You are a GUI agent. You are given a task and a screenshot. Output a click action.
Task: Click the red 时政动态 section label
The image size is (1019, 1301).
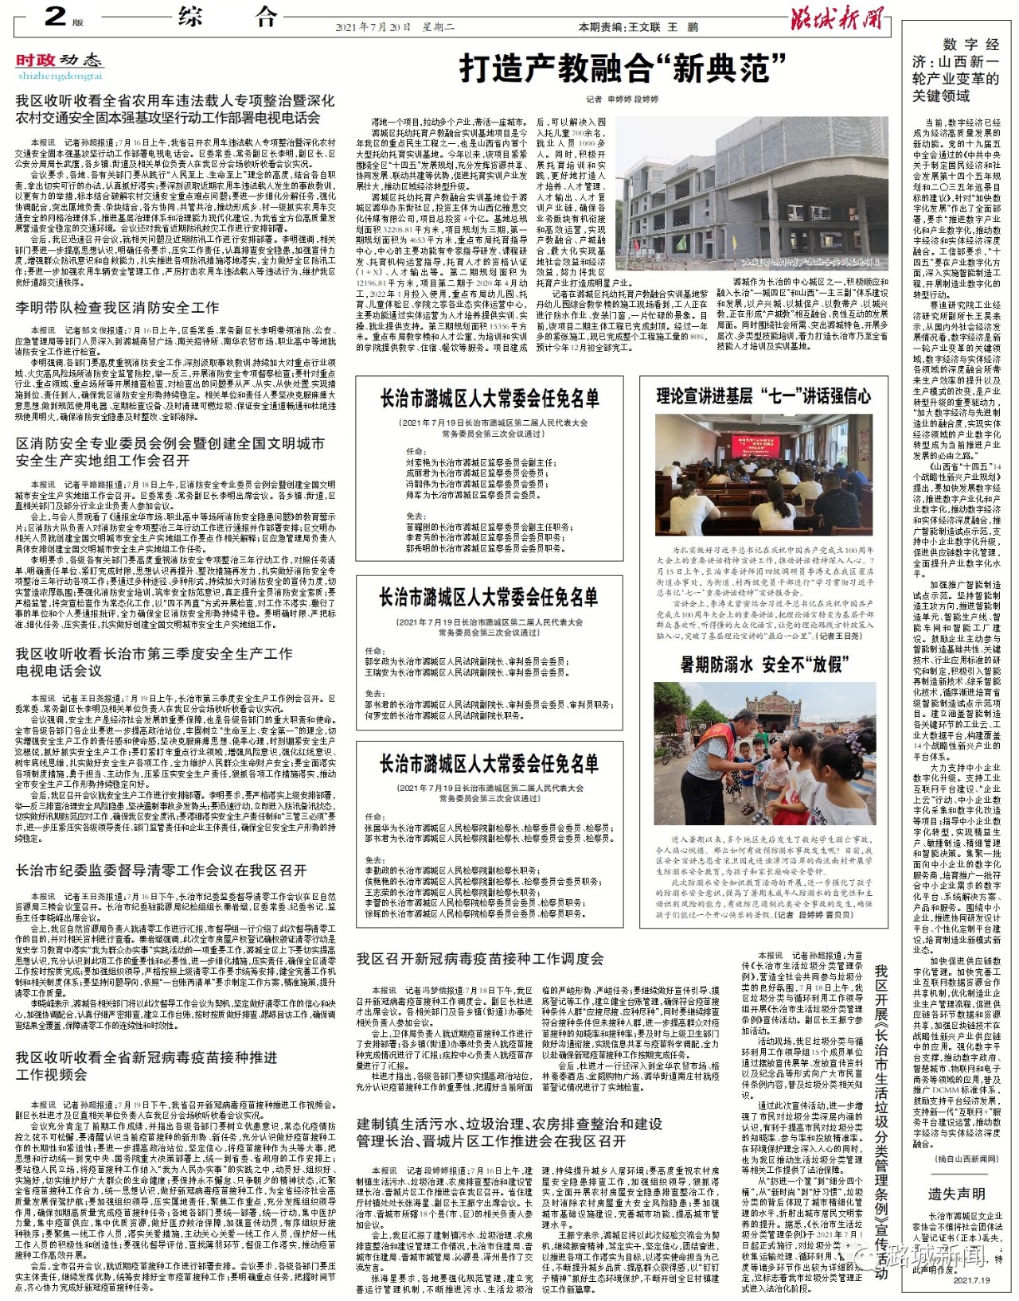tap(60, 60)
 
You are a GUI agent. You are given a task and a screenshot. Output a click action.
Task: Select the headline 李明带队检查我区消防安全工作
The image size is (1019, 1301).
tap(117, 308)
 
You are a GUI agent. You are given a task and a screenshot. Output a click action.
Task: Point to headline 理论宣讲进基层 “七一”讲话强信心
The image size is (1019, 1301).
tap(763, 396)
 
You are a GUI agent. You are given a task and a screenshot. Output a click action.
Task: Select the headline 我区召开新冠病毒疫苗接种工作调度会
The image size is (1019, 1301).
tap(480, 959)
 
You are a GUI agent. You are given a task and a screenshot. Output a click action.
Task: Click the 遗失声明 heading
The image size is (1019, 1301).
tap(956, 1194)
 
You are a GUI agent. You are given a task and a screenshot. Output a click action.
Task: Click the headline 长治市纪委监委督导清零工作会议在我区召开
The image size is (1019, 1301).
tap(161, 871)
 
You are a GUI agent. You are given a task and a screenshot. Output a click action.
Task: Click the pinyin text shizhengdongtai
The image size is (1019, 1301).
tap(61, 76)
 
